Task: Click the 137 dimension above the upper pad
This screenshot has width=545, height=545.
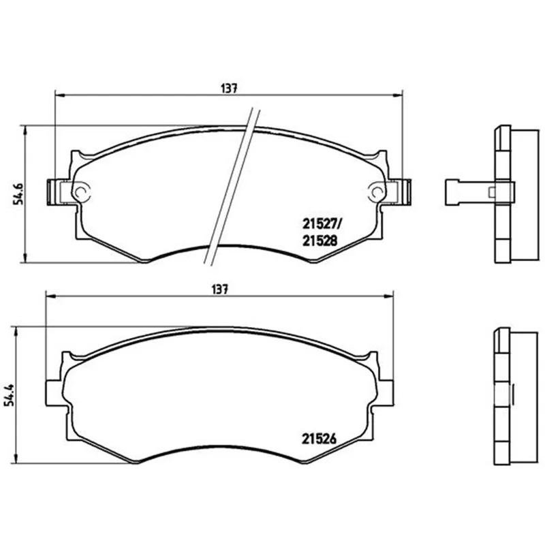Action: (x=229, y=89)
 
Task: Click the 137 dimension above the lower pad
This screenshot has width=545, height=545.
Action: (x=220, y=290)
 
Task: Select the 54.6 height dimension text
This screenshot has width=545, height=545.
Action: (x=18, y=193)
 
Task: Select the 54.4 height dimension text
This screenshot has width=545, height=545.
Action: (x=9, y=395)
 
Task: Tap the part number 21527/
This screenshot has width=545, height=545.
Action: (x=322, y=224)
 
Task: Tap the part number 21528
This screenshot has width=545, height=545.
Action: (x=320, y=240)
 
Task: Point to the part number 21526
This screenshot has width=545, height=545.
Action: (x=319, y=439)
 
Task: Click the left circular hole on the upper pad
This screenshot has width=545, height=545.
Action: (x=82, y=191)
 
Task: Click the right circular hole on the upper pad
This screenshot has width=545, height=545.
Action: (x=377, y=191)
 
